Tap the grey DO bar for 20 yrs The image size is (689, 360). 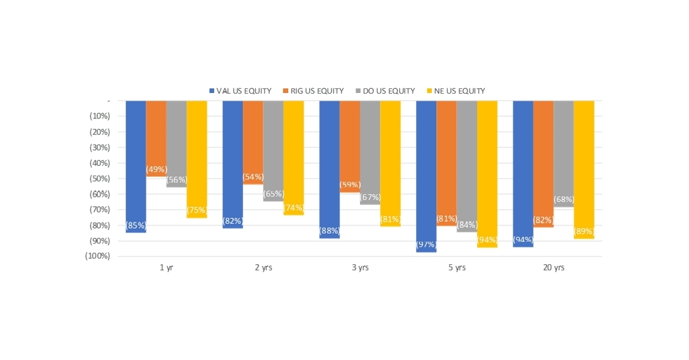coord(563,149)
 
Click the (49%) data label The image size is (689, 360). coord(156,169)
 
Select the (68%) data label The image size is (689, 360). coord(563,200)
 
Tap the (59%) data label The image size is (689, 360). coord(350,185)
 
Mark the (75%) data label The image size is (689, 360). coord(196,210)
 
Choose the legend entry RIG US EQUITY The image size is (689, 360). coord(313,91)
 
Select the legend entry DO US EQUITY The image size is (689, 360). coord(385,91)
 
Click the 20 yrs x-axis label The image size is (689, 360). coord(553,268)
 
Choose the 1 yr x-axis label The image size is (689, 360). coord(166,268)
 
